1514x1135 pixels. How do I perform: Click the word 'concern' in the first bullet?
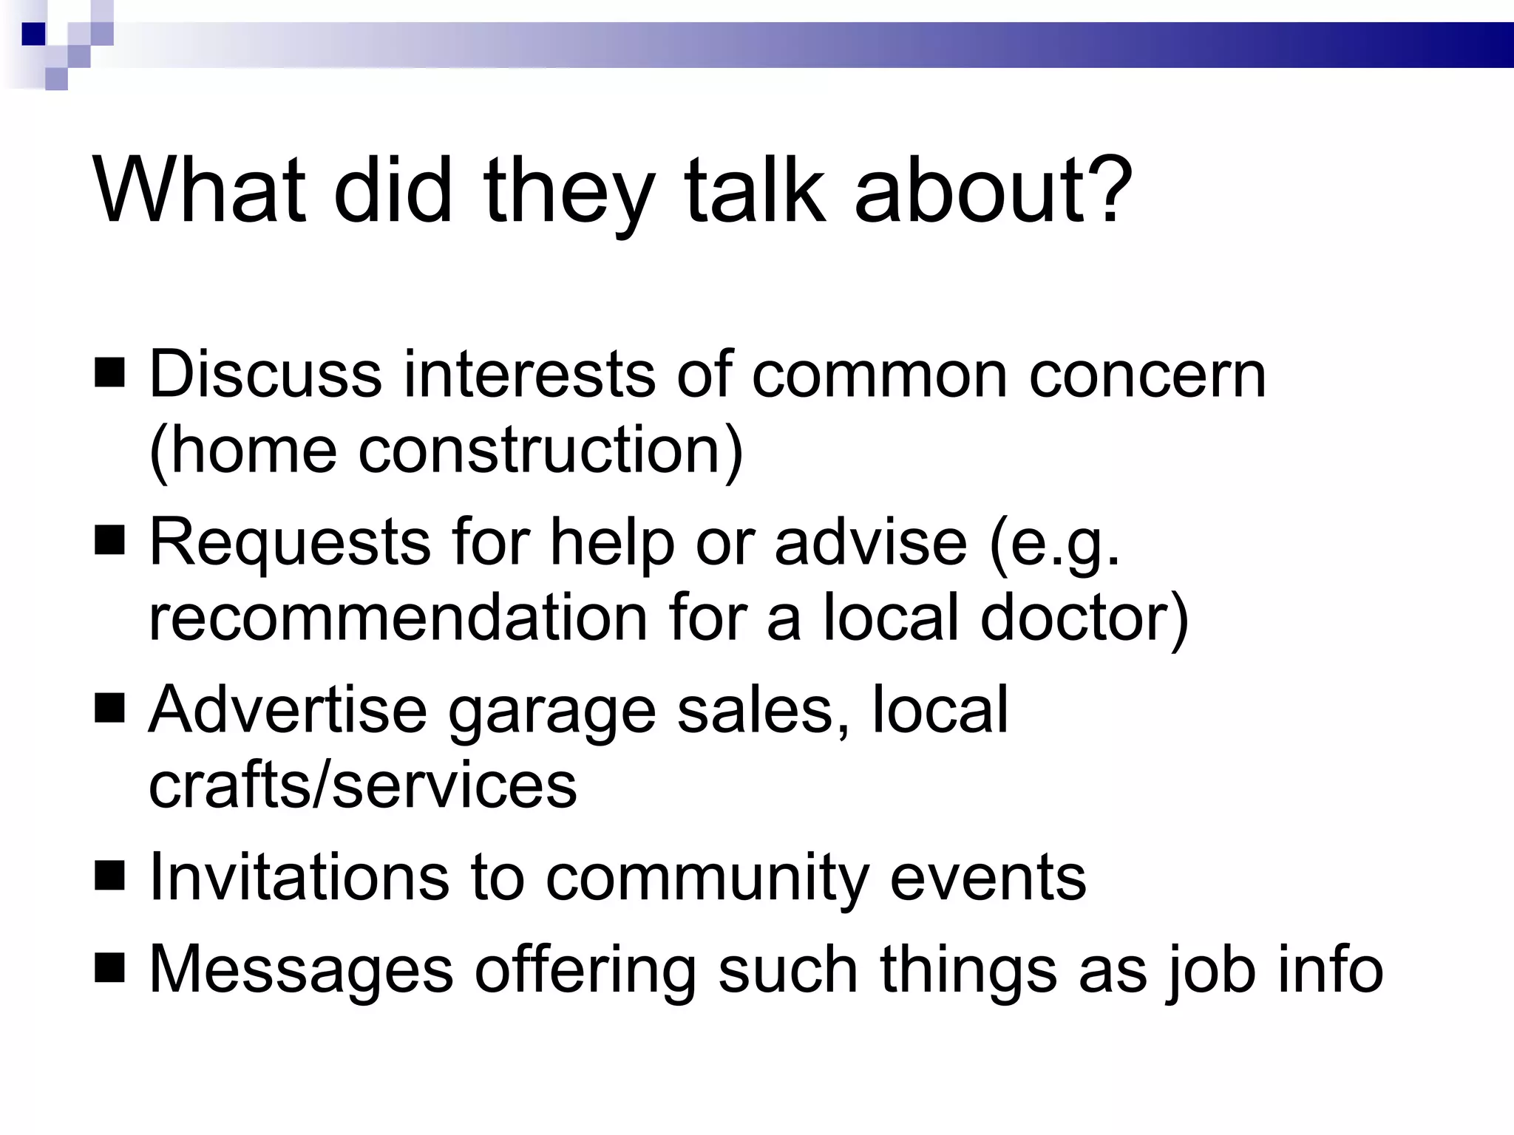1147,375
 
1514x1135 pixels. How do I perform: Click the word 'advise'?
870,542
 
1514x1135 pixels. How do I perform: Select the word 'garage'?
551,711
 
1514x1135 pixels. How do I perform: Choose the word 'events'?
988,878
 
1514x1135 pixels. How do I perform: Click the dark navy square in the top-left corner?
34,34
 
